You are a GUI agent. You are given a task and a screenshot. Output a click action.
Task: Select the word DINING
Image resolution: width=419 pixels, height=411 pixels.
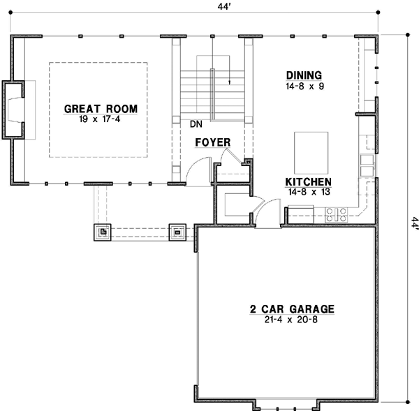tap(304, 75)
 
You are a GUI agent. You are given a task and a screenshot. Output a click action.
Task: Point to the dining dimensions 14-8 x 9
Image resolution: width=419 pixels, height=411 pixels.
tap(304, 87)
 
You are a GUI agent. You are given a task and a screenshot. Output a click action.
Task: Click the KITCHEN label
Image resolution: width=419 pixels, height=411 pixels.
tap(304, 180)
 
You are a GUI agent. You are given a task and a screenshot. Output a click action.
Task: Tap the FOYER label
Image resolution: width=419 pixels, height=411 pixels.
tap(212, 142)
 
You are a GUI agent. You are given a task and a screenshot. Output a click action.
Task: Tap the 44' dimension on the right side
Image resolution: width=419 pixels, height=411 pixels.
tap(413, 223)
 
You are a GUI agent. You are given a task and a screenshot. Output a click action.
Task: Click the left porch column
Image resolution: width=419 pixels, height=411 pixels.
tap(102, 232)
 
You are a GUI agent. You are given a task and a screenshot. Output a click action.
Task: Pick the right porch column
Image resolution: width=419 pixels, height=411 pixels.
tap(177, 232)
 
